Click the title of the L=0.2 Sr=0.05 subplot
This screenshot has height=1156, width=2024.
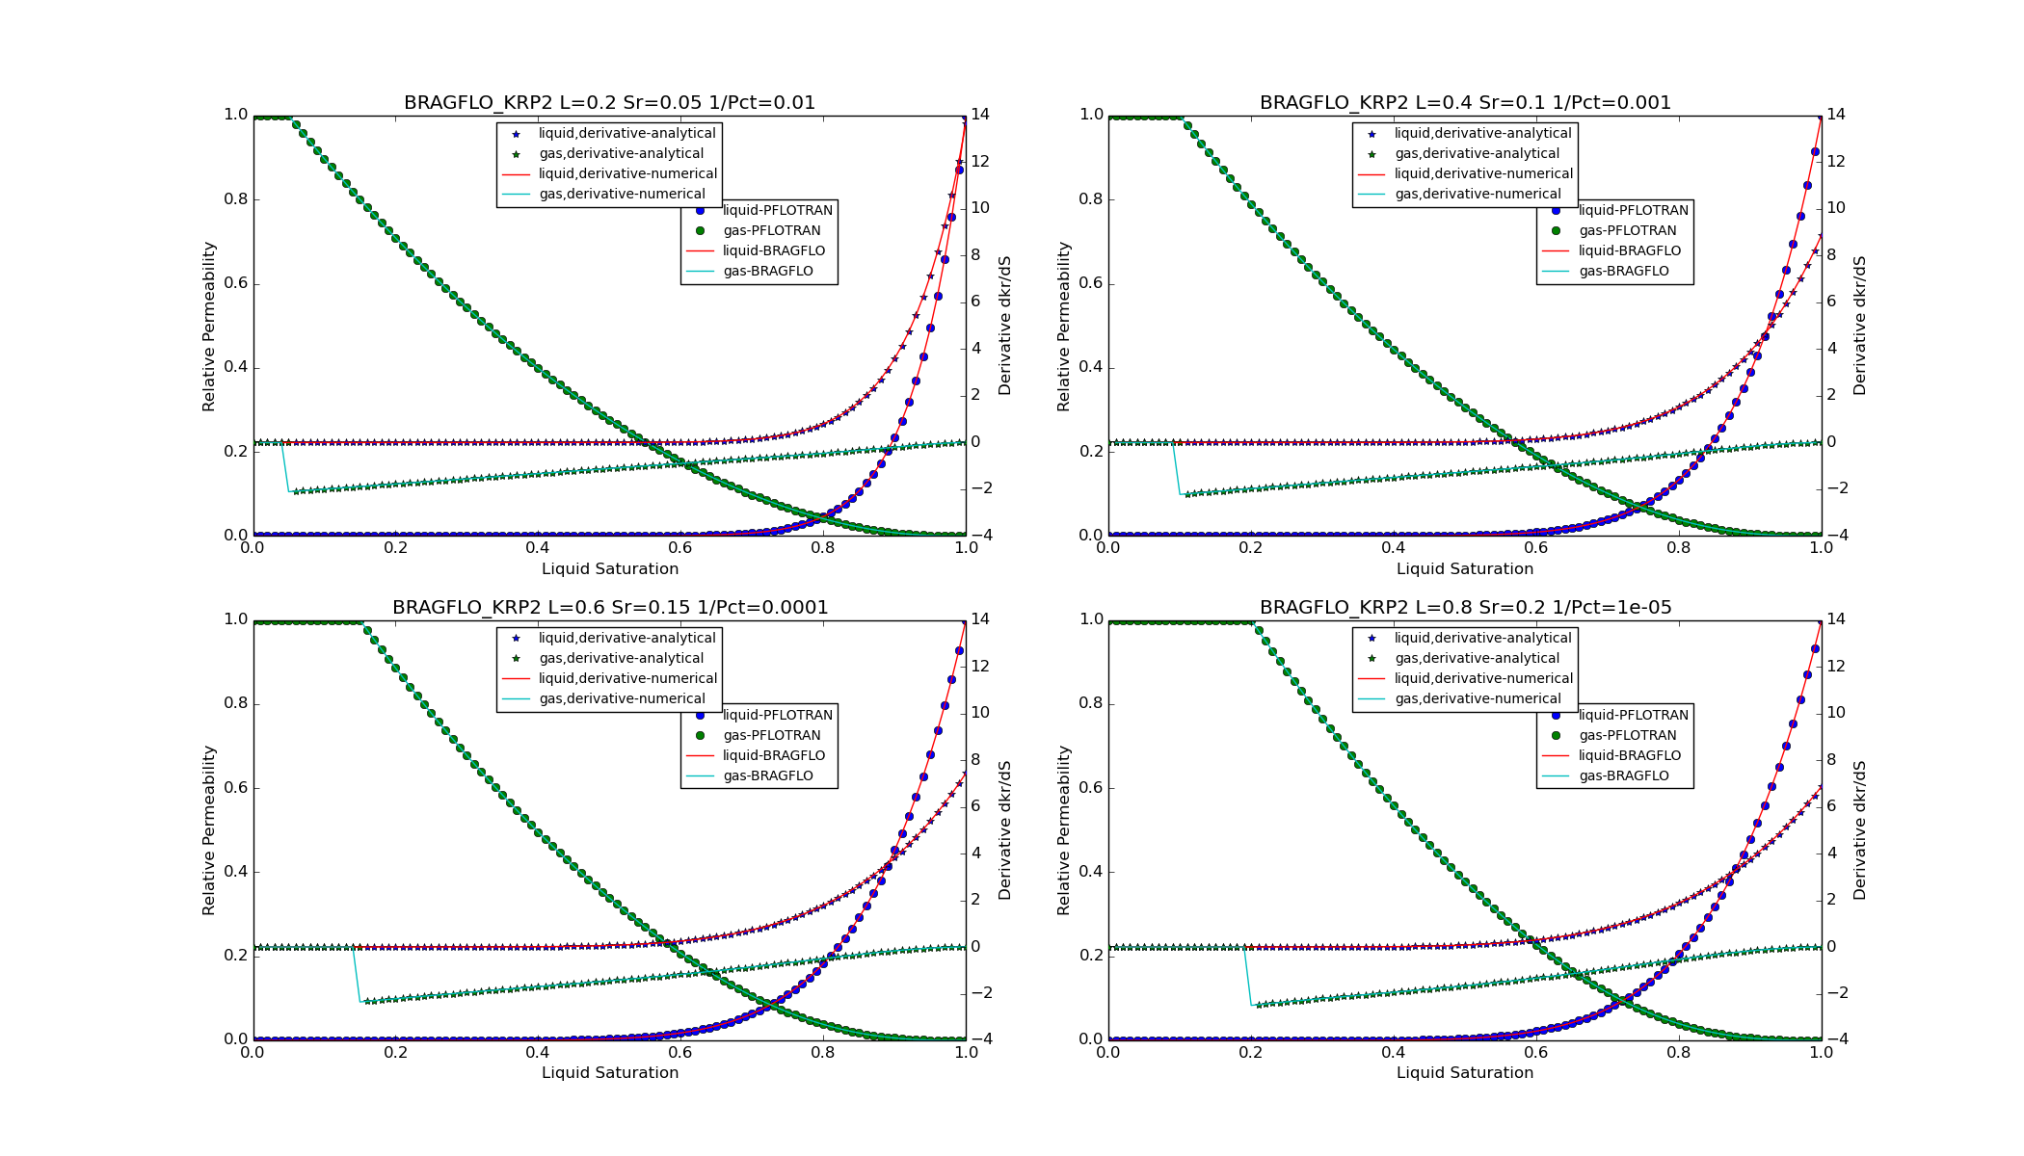coord(609,102)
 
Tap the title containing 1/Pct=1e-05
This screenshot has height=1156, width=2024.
coord(1465,607)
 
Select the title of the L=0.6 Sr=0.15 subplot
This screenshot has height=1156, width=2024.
coord(609,607)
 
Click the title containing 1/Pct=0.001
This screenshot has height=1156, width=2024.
coord(1465,102)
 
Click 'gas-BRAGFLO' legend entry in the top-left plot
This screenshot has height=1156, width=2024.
coord(767,271)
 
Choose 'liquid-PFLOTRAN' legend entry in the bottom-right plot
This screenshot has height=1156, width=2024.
coord(1633,715)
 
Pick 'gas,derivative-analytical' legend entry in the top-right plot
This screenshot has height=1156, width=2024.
coord(1477,153)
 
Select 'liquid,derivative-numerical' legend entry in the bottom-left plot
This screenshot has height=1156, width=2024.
coord(627,678)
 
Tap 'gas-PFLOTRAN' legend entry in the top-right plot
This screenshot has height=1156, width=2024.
coord(1627,230)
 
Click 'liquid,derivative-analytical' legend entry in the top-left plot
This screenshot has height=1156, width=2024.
coord(626,133)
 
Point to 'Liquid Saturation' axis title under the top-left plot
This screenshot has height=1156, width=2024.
coord(609,568)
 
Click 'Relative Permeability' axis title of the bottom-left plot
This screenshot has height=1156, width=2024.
coord(208,829)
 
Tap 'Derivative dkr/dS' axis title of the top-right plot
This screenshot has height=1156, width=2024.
coord(1859,326)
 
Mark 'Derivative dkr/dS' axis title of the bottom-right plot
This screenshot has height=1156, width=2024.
coord(1859,829)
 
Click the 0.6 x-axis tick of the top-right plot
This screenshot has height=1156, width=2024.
coord(1536,547)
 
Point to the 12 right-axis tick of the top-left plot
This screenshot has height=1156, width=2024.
coord(979,161)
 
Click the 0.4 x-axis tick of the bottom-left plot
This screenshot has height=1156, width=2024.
coord(538,1052)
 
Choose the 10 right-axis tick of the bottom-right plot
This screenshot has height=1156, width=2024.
coord(1835,712)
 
